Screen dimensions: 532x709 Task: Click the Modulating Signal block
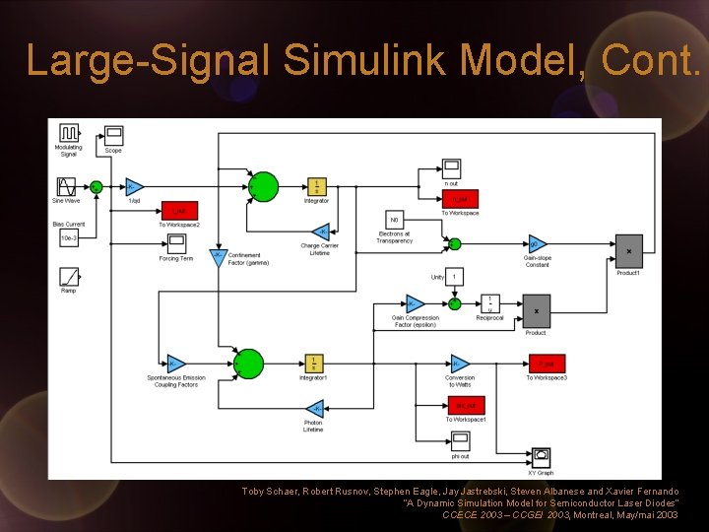[x=69, y=133]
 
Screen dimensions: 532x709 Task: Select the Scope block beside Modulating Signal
[x=113, y=136]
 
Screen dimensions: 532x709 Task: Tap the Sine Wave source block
[x=67, y=186]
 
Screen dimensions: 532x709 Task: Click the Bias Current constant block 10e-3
[x=69, y=237]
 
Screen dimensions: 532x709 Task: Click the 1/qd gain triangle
[x=135, y=187]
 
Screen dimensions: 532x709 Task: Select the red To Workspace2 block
[x=179, y=211]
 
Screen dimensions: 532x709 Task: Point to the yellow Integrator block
[x=316, y=187]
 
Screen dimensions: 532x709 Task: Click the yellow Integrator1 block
[x=315, y=365]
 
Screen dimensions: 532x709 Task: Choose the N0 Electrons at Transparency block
[x=395, y=222]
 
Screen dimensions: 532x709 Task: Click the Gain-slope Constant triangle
[x=537, y=244]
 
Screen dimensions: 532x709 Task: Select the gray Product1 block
[x=628, y=250]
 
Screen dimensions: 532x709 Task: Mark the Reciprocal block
[x=489, y=305]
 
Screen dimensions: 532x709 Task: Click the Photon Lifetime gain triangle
[x=314, y=409]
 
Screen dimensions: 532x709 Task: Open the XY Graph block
[x=541, y=457]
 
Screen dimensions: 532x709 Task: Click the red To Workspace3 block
[x=547, y=364]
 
